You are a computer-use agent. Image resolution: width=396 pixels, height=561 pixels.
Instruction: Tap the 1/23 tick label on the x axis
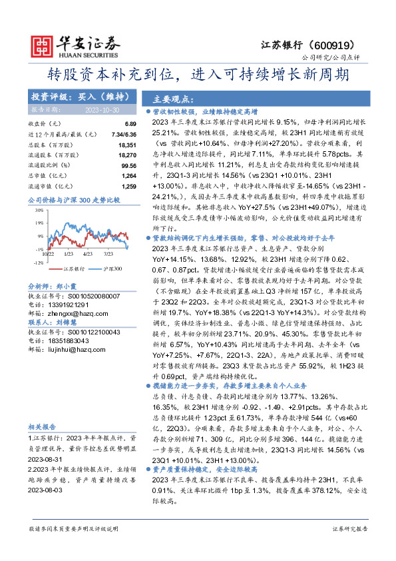69,254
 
